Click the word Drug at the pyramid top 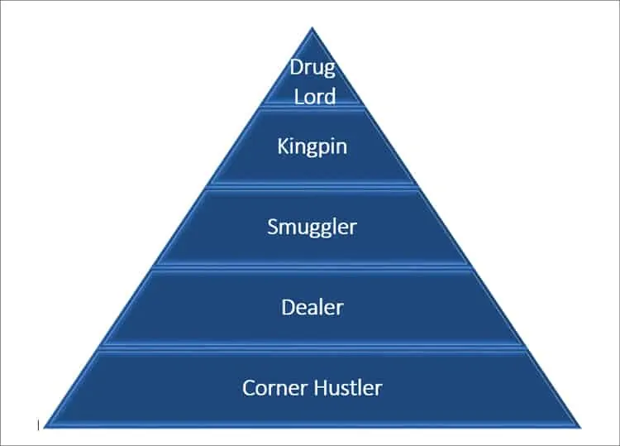tap(312, 68)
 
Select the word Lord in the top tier tap(315, 97)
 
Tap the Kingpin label tap(312, 146)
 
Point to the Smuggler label tap(312, 228)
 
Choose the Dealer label tap(312, 308)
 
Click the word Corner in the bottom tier tap(274, 388)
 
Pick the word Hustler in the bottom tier tap(348, 387)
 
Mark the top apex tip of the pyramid tap(312, 27)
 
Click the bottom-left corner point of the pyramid tap(44, 428)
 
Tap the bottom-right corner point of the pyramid tap(581, 428)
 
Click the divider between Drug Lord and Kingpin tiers tap(312, 107)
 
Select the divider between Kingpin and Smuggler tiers tap(312, 187)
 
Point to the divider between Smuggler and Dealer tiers tap(312, 267)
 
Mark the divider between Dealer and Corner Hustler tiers tap(312, 348)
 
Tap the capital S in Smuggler tap(274, 227)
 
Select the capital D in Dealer tap(289, 308)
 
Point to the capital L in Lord tap(299, 97)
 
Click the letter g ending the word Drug tap(329, 70)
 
